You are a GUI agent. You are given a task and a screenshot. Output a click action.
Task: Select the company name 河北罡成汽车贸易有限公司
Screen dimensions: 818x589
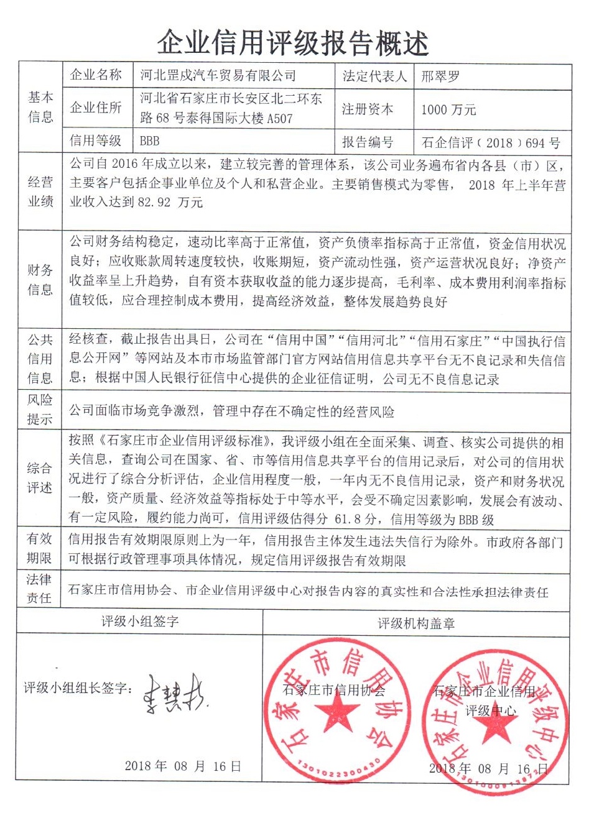click(x=218, y=76)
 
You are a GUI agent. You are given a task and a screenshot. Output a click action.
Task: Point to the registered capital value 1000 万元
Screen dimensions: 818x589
click(x=448, y=109)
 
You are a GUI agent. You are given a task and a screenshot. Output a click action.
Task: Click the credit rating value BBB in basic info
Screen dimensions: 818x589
click(x=150, y=141)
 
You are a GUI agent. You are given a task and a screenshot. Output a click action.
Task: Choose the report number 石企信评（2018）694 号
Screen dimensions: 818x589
click(x=491, y=142)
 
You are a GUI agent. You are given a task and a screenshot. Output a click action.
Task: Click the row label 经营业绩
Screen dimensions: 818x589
click(x=40, y=191)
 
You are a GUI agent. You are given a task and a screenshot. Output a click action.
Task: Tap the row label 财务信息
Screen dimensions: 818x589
click(x=40, y=280)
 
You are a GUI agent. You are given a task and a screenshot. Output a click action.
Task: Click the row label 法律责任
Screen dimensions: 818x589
click(x=40, y=589)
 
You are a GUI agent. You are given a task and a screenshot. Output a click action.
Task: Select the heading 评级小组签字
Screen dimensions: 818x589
click(x=140, y=622)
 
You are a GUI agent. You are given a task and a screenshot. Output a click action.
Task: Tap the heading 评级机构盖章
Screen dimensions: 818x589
click(x=416, y=622)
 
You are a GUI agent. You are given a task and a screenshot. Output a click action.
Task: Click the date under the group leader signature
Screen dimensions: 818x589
click(x=182, y=765)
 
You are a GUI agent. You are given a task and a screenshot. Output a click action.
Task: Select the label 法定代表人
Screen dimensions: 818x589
click(x=374, y=76)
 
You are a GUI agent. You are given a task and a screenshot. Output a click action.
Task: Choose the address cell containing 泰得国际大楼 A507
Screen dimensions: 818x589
click(x=231, y=109)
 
